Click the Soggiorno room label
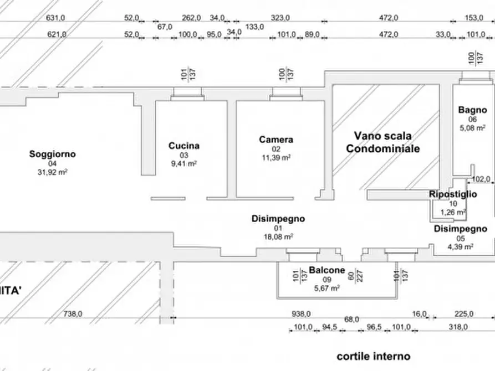[x=53, y=154]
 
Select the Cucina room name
[x=184, y=146]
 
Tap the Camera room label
[x=276, y=140]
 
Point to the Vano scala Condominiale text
[x=382, y=142]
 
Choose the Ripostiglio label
[x=453, y=194]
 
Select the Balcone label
[x=327, y=270]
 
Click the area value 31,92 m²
[x=53, y=172]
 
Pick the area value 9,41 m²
[x=184, y=164]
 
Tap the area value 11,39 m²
[x=276, y=157]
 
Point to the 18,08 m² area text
[x=278, y=236]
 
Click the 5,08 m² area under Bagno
[x=472, y=128]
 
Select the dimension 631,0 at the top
[x=56, y=18]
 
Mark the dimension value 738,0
[x=73, y=314]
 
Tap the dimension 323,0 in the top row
[x=281, y=18]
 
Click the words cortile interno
[x=374, y=356]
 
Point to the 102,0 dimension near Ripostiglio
[x=480, y=179]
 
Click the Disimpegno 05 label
[x=460, y=229]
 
